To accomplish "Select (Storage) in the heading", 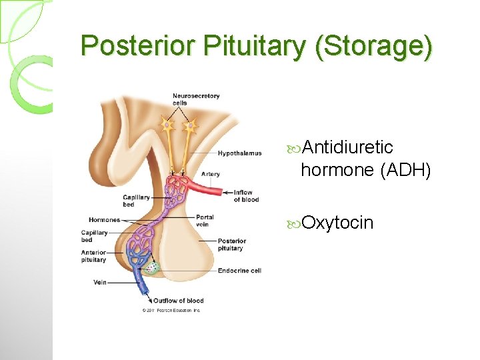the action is click(373, 45).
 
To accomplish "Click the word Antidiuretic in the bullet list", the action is click(347, 147).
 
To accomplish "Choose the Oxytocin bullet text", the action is click(337, 223).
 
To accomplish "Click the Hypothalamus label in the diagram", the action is click(239, 153).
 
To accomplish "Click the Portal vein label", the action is click(205, 221).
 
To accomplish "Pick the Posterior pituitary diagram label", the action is click(231, 245).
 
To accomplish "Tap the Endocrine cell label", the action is click(239, 271).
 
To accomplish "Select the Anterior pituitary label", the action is click(93, 256).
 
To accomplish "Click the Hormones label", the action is click(104, 219).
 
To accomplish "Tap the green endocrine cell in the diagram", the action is click(153, 267).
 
